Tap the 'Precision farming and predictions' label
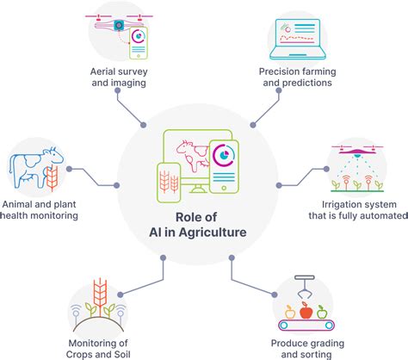296,76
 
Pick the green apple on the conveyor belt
322,312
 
